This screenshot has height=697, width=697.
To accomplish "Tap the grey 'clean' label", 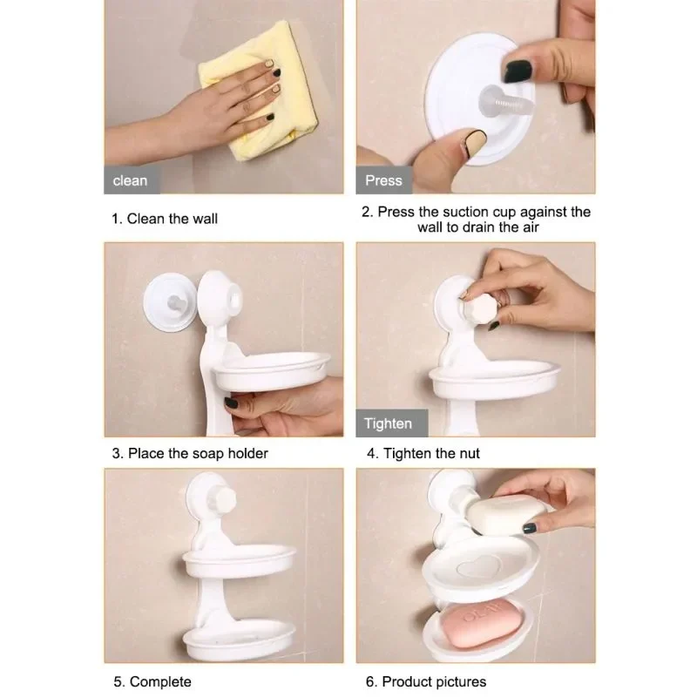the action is point(132,180).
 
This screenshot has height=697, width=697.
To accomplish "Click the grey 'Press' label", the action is point(383,180).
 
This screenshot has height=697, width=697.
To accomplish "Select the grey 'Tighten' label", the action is point(391,423).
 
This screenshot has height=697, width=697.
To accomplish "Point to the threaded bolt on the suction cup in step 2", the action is point(507,102).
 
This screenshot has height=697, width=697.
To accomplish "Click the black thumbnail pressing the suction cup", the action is point(517,71).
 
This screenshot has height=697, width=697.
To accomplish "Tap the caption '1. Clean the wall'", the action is point(165,219).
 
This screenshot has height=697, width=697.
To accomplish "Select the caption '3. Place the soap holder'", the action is point(190,453).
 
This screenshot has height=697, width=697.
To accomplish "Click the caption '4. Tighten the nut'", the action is point(423,453).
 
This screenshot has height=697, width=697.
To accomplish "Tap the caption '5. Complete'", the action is point(152,681).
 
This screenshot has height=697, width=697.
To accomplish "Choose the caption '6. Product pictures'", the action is point(426,681).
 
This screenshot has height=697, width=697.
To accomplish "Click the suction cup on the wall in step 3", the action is point(170,302).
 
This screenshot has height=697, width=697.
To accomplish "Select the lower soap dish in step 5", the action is point(239,639).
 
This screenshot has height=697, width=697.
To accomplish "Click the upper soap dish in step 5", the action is point(239,560).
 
